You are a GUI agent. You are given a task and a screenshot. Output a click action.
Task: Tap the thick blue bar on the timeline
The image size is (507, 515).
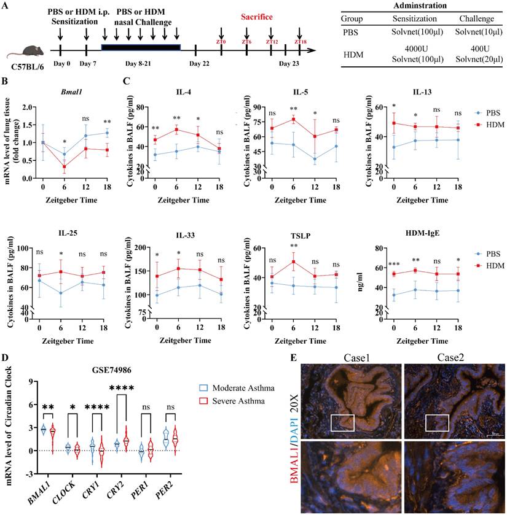point(141,47)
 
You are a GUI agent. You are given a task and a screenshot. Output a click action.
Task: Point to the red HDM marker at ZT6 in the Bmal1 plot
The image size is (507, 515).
point(65,166)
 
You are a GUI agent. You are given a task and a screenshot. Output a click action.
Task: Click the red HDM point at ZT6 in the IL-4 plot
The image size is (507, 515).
point(177,130)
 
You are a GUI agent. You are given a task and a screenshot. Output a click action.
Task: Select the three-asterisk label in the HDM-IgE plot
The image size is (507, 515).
point(393,266)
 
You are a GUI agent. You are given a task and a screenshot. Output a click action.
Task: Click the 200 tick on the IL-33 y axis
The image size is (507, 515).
point(143,248)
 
